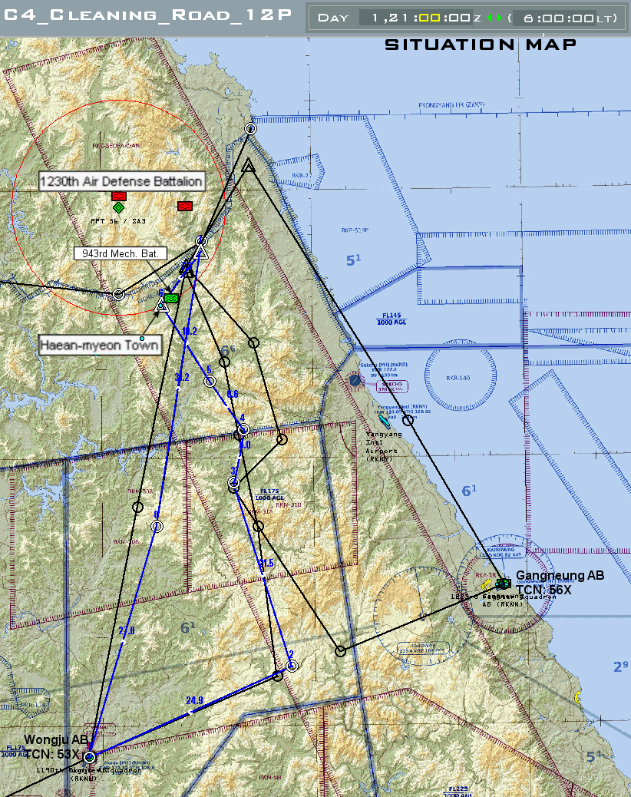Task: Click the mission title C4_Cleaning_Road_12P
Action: tap(147, 16)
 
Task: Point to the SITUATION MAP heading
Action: tap(481, 45)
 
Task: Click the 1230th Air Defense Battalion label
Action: tap(122, 181)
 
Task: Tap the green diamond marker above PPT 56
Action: tap(118, 207)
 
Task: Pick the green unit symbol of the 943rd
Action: tap(171, 298)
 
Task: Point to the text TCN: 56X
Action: tap(543, 590)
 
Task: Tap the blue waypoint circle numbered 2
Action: tap(292, 665)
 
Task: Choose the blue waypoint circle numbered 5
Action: tap(210, 381)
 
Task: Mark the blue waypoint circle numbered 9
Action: tap(157, 526)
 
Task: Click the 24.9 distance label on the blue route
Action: tap(194, 700)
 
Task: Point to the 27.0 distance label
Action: tap(127, 630)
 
